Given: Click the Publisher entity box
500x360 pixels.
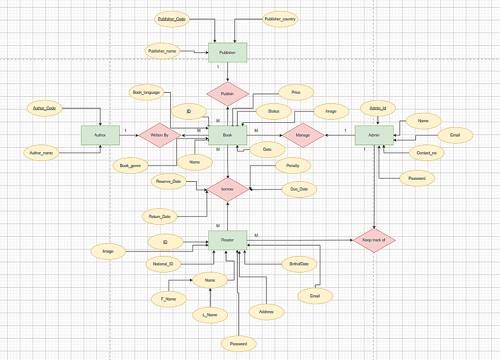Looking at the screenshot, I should click(x=227, y=52).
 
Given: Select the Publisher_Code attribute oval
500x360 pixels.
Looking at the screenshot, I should click(x=172, y=19).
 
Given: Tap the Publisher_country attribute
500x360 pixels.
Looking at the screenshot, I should click(x=280, y=19).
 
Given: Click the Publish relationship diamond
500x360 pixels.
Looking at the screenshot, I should click(x=227, y=94).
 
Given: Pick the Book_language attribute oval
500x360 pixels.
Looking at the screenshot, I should click(x=146, y=92).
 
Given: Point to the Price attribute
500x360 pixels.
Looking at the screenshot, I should click(x=296, y=92).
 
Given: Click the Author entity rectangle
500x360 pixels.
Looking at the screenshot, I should click(x=100, y=135).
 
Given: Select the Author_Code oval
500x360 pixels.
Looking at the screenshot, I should click(x=44, y=108).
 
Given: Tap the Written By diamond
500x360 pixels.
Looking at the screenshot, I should click(x=159, y=135).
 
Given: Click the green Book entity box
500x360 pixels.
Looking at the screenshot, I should click(x=227, y=135).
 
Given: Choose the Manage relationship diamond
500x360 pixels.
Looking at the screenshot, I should click(x=303, y=135).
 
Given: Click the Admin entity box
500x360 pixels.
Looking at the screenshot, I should click(x=374, y=135).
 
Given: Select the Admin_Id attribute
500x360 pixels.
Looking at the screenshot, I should click(x=378, y=108).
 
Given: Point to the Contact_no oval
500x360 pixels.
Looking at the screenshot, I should click(x=427, y=153).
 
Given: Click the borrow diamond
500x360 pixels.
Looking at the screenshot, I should click(x=227, y=189).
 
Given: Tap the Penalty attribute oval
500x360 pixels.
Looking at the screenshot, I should click(x=293, y=165).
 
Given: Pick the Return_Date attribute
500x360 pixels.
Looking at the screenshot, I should click(x=160, y=216).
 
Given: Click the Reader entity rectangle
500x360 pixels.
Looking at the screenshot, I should click(x=227, y=240).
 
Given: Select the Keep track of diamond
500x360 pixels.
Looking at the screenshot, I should click(x=374, y=240).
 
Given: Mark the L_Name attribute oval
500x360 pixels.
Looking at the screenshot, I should click(x=210, y=315).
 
